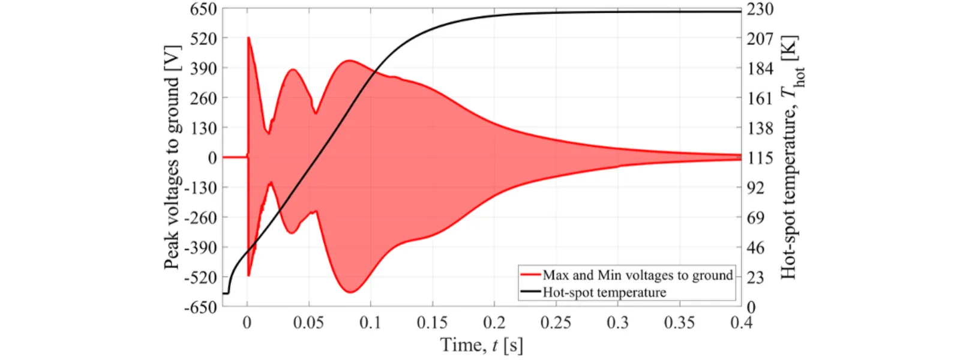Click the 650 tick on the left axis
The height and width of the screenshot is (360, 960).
pyautogui.click(x=203, y=8)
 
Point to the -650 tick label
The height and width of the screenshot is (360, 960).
pyautogui.click(x=200, y=307)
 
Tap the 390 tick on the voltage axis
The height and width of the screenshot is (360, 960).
pyautogui.click(x=203, y=68)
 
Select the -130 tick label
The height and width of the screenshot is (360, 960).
pyautogui.click(x=200, y=188)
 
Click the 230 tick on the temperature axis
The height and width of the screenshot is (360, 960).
pyautogui.click(x=760, y=8)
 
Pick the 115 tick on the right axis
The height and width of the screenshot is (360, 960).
pyautogui.click(x=760, y=158)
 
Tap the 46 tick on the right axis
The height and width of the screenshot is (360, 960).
pyautogui.click(x=755, y=247)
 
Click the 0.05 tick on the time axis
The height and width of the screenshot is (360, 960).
pyautogui.click(x=308, y=323)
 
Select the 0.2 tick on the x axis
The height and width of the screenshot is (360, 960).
pyautogui.click(x=494, y=323)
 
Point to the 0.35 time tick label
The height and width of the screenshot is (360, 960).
pyautogui.click(x=680, y=323)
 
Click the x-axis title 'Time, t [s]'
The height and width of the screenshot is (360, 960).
pyautogui.click(x=482, y=346)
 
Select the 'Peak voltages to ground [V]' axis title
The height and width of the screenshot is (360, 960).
pyautogui.click(x=172, y=157)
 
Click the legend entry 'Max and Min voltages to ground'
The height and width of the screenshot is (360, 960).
pyautogui.click(x=638, y=275)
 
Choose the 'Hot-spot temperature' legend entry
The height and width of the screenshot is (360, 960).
pyautogui.click(x=604, y=292)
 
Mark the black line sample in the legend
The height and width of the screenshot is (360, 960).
pyautogui.click(x=530, y=292)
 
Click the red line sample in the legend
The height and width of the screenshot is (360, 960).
pyautogui.click(x=530, y=275)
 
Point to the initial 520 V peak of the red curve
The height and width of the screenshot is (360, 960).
pyautogui.click(x=248, y=38)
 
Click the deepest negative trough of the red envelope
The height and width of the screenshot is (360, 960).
pyautogui.click(x=351, y=292)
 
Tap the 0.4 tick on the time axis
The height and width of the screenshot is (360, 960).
pyautogui.click(x=742, y=323)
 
